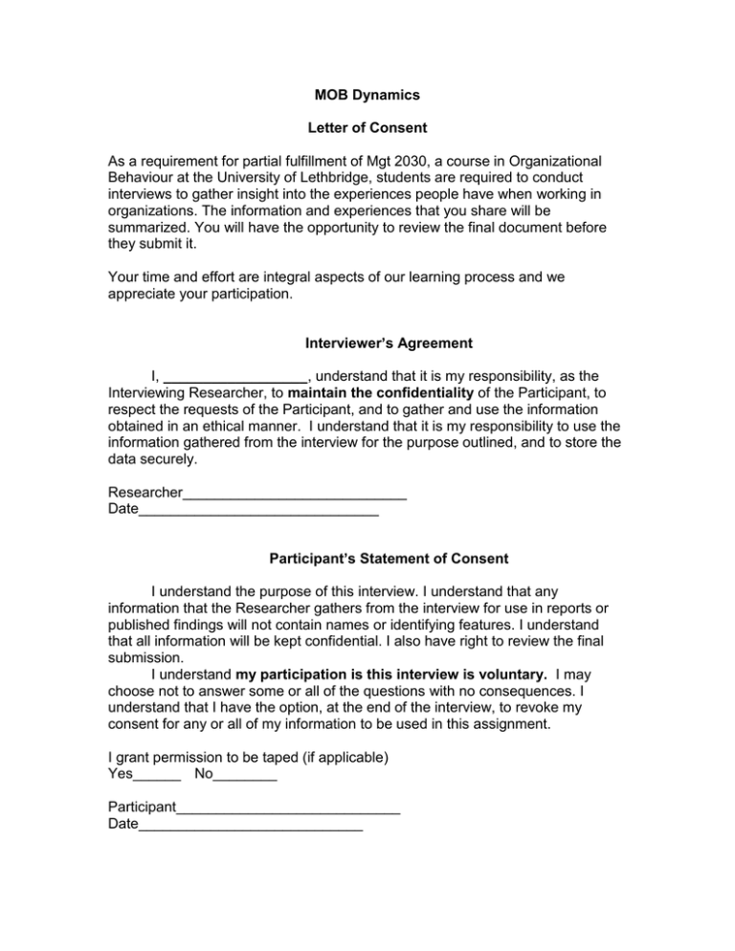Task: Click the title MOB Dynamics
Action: click(367, 97)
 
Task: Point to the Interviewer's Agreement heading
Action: click(367, 342)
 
